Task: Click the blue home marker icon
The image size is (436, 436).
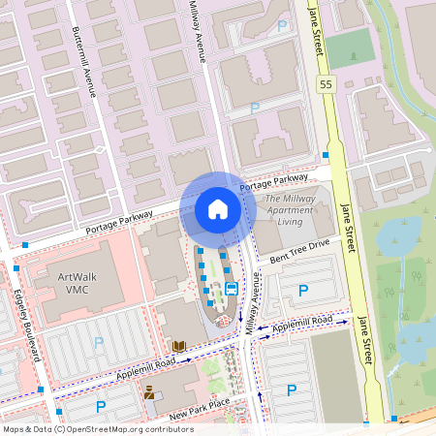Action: coord(218,209)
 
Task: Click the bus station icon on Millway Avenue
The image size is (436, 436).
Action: coord(232,289)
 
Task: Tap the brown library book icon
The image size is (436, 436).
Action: coord(178,345)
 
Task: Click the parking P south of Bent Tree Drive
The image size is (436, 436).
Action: coord(303,290)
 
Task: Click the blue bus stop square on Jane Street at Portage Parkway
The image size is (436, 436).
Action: coord(327,155)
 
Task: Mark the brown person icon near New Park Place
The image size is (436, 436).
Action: coord(149,393)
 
